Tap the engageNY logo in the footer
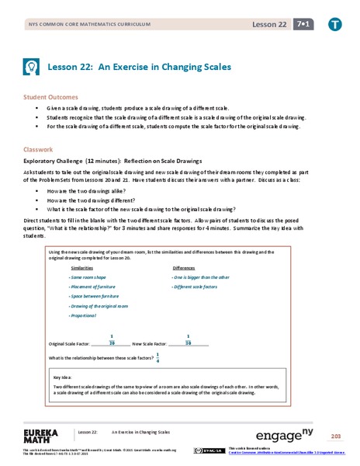pos(283,433)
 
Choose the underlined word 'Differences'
pos(184,266)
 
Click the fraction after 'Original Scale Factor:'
pos(112,339)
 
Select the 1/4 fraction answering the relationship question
pos(159,356)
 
